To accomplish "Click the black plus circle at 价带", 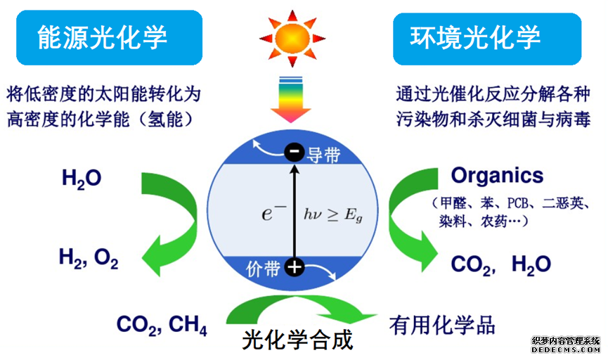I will point(295,267).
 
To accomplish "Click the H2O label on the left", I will point(82,179).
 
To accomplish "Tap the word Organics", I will point(497,175).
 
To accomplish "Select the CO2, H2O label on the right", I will point(500,264).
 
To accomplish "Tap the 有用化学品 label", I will point(442,324).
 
